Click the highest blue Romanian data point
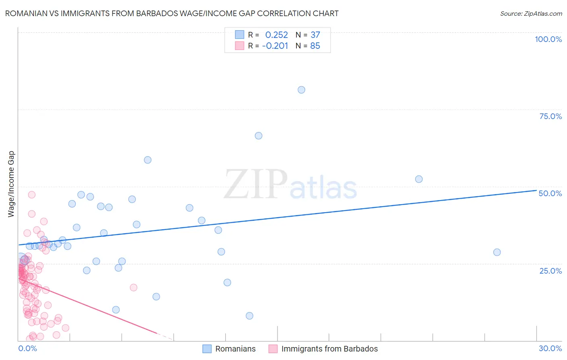(x=301, y=90)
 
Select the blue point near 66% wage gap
(x=258, y=136)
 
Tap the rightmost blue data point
(x=497, y=252)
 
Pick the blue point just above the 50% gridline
(x=419, y=179)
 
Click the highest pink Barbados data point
(x=31, y=195)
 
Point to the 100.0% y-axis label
(x=548, y=39)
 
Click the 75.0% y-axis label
(x=550, y=116)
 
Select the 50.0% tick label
(x=550, y=193)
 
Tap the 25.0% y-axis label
(x=550, y=270)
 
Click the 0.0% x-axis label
(x=27, y=348)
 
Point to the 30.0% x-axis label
(x=550, y=348)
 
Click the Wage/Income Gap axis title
(x=11, y=184)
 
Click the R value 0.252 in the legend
(x=276, y=35)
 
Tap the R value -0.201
(x=275, y=46)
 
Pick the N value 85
(x=315, y=46)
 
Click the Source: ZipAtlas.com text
(x=531, y=13)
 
